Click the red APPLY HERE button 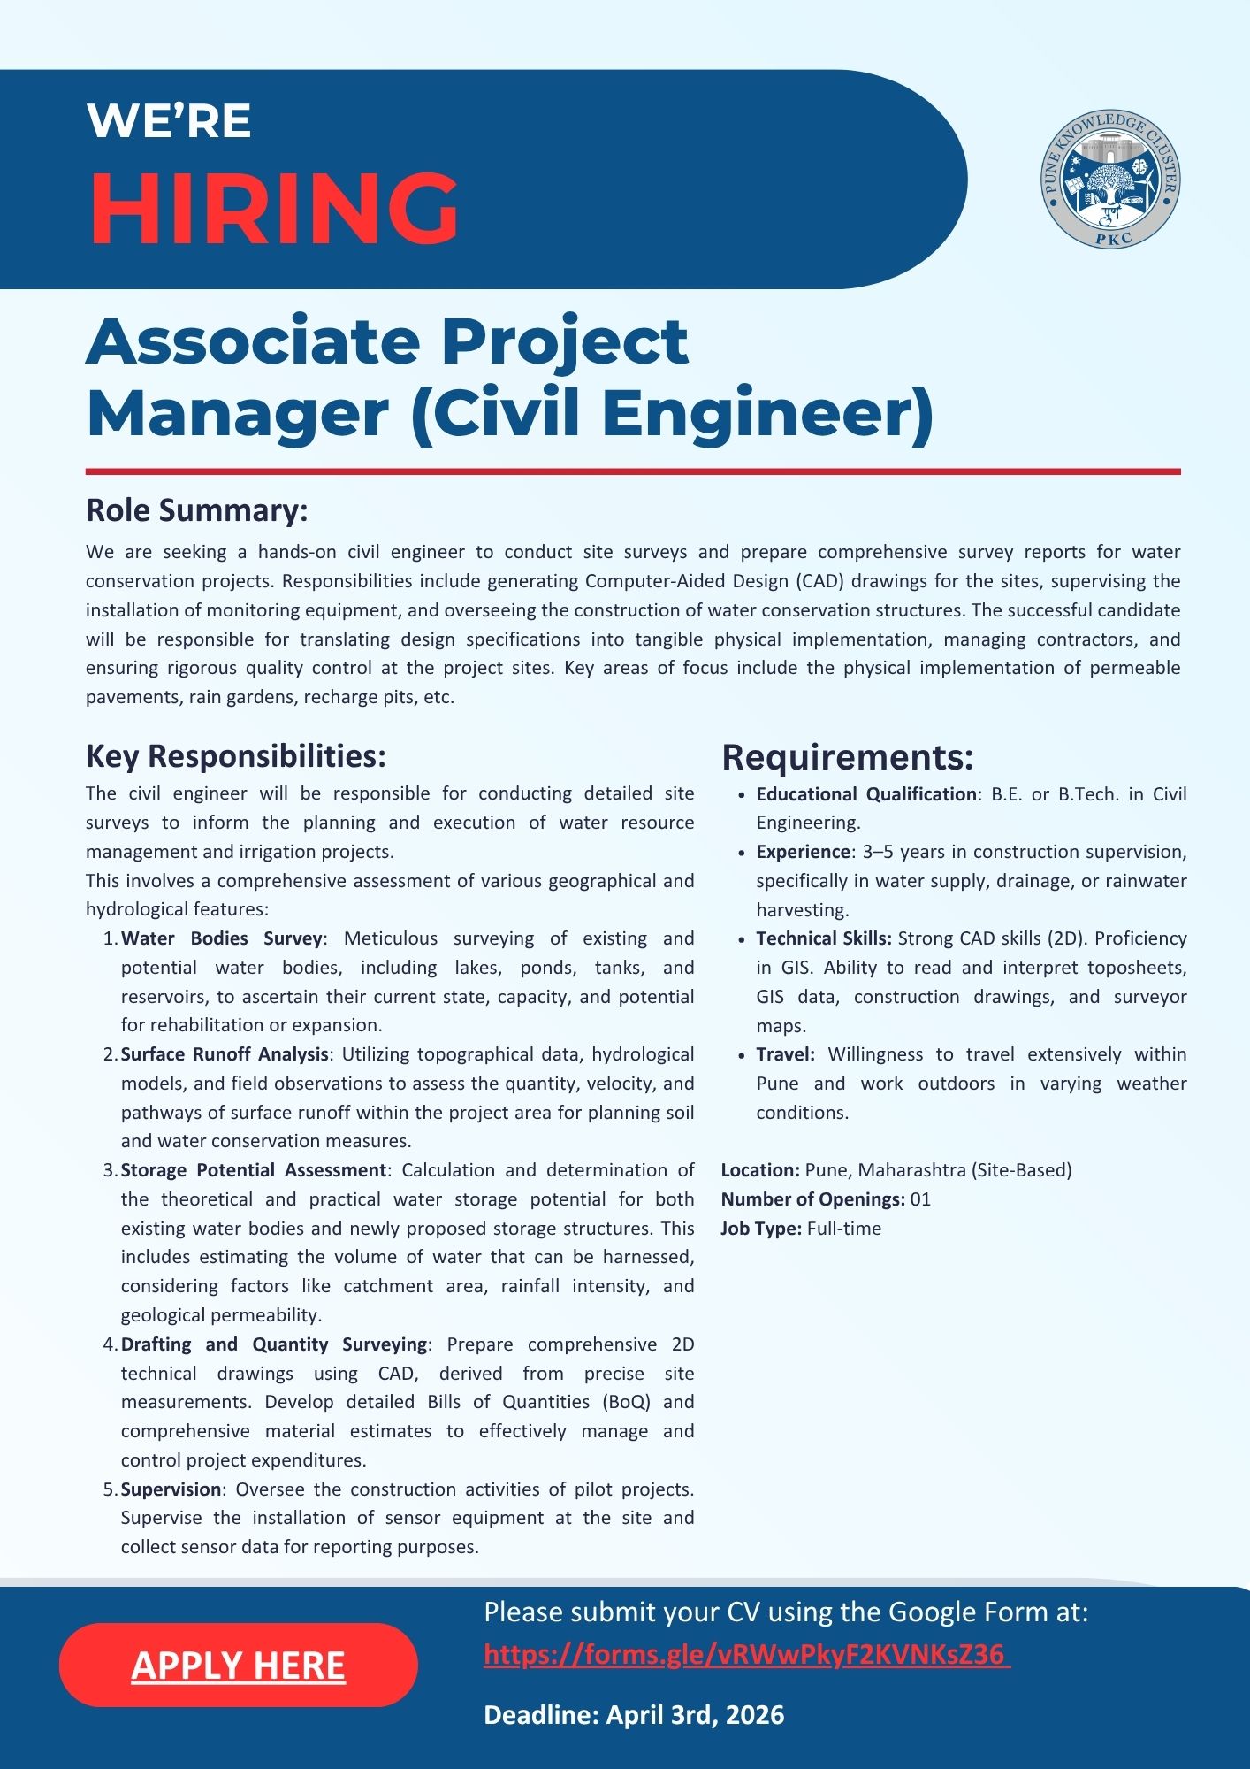click(238, 1665)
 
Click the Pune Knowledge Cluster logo click(1110, 180)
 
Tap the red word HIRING click(274, 209)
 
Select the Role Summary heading click(196, 510)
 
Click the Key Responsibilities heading click(235, 756)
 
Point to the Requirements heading click(847, 757)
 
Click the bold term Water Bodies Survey click(221, 938)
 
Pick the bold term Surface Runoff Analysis click(225, 1054)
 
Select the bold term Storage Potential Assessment click(254, 1170)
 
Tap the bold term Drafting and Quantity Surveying click(274, 1344)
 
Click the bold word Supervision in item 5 click(171, 1489)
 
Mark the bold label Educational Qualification click(865, 794)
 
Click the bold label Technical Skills click(823, 938)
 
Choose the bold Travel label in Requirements click(785, 1054)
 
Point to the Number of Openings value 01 click(920, 1199)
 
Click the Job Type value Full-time click(844, 1229)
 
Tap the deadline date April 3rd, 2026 click(695, 1715)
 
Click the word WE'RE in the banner click(170, 121)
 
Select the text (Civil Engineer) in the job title click(673, 414)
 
